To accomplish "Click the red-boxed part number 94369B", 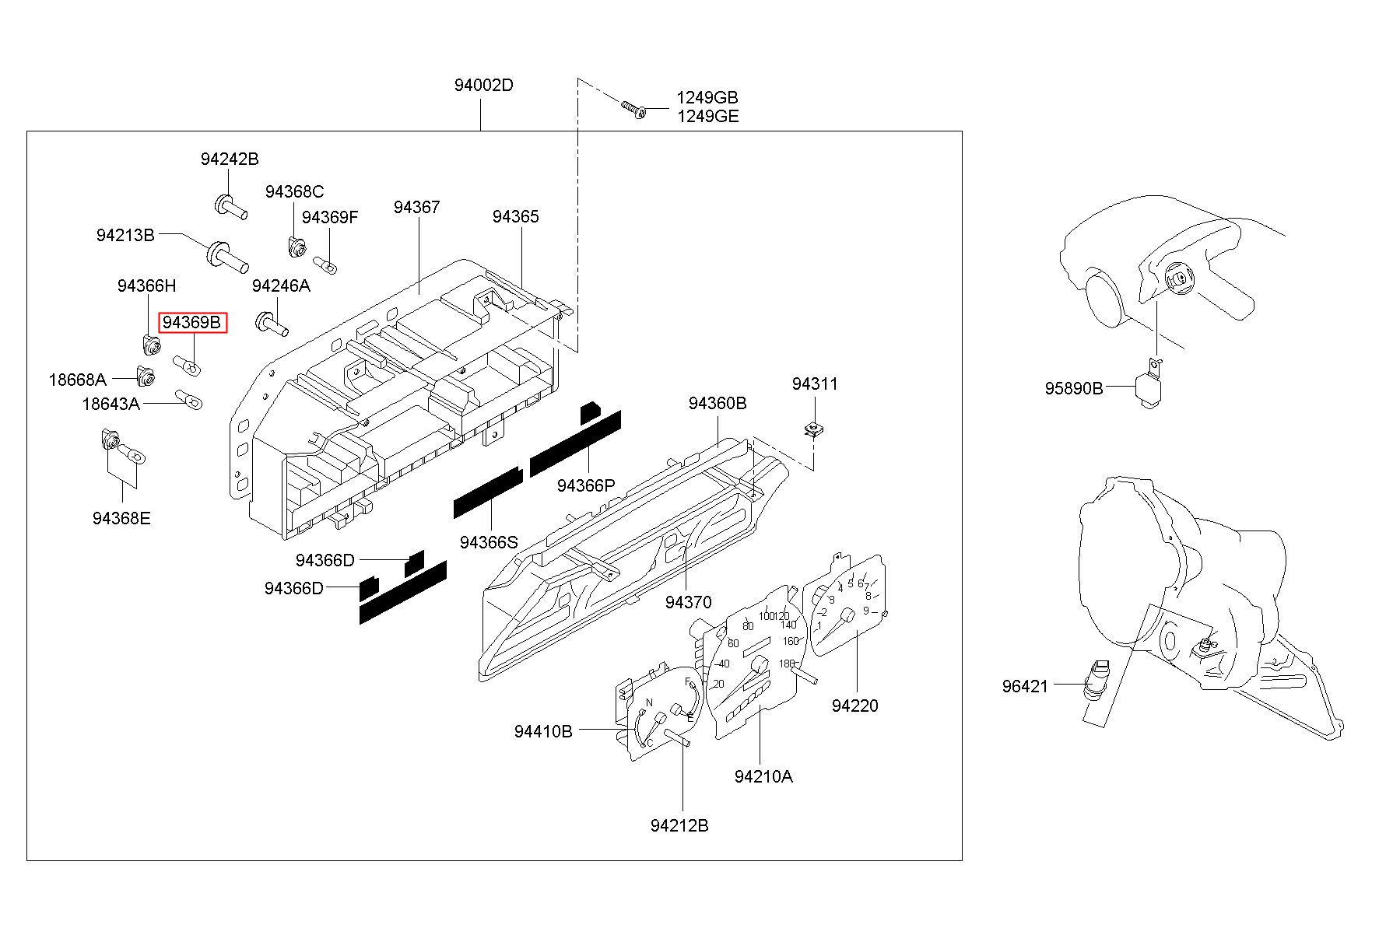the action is point(192,322).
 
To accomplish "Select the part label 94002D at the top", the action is point(484,86).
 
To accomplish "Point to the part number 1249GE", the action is point(707,117).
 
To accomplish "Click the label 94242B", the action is point(230,159).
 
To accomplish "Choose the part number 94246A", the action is point(281,286).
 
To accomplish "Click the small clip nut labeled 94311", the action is point(814,428).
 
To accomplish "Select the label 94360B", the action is point(718,404).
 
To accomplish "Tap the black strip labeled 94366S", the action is point(488,492).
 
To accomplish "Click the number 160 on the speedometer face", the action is point(791,642).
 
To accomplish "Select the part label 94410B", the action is point(543,732).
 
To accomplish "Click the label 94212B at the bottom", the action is point(679,826).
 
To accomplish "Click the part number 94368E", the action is point(121,519).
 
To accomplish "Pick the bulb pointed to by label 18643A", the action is point(188,399).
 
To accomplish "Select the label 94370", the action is point(688,603).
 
